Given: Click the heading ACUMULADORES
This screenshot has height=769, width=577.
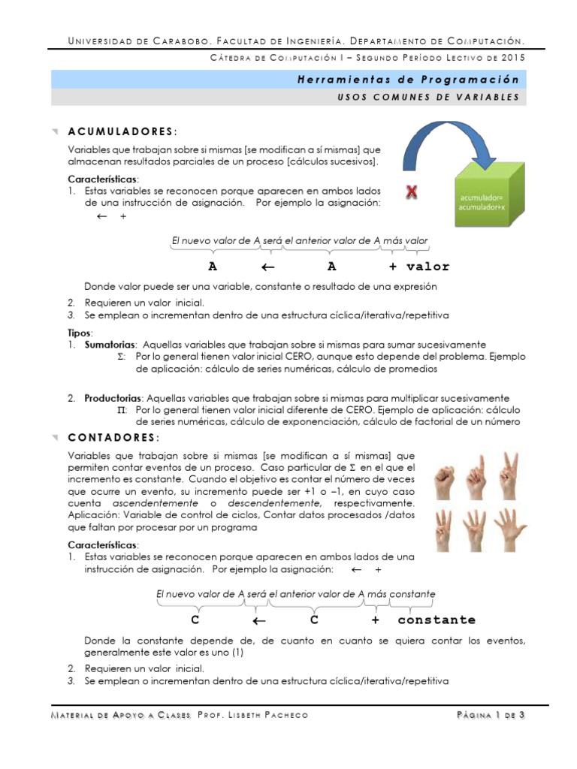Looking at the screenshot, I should click(x=133, y=132).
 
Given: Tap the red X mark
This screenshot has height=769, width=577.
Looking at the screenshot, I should click(x=412, y=194).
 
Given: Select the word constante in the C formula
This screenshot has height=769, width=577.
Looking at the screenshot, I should click(x=437, y=620).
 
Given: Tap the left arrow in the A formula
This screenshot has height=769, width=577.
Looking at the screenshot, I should click(x=268, y=267).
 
